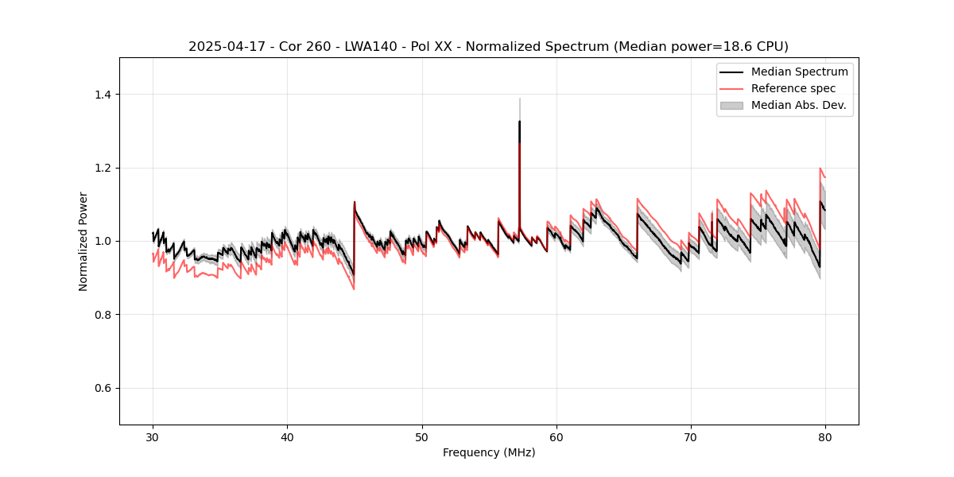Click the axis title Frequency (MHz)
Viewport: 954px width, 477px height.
489,452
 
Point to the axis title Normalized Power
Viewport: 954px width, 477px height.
83,241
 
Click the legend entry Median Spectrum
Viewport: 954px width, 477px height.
799,72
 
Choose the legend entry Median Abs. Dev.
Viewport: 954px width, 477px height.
798,105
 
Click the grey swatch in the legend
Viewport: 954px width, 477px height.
731,105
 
